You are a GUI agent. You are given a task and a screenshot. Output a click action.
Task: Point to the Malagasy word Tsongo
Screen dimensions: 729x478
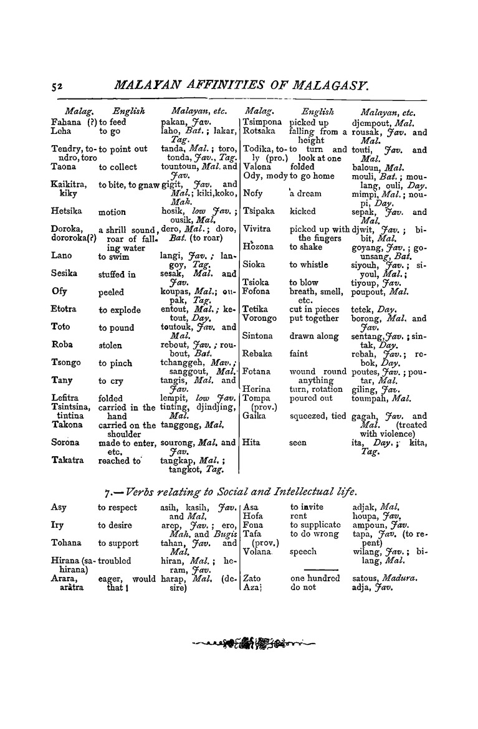click(x=64, y=363)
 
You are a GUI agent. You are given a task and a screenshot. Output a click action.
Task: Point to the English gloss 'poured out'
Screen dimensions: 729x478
click(x=312, y=398)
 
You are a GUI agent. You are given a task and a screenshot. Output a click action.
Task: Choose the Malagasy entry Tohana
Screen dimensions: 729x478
click(x=65, y=543)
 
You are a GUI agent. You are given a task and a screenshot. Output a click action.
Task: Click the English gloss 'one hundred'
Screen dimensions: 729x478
click(x=315, y=578)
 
